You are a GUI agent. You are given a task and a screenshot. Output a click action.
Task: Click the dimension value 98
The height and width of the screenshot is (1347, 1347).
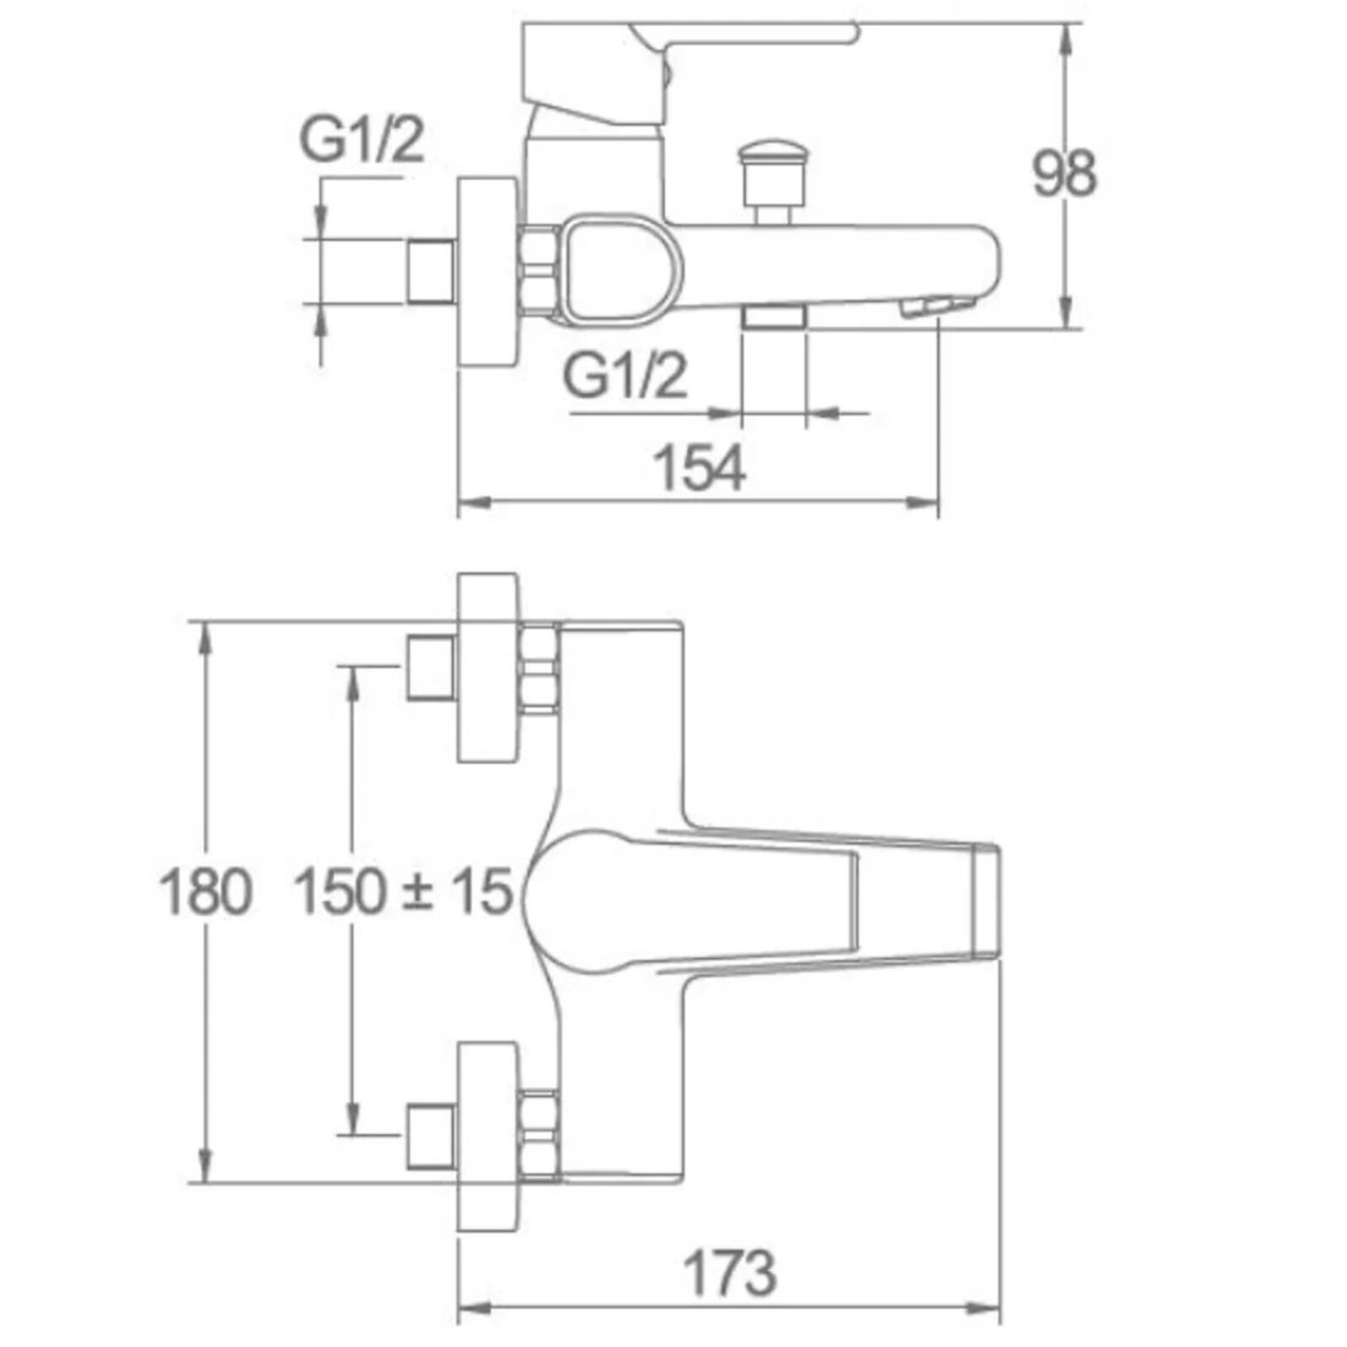pyautogui.click(x=1064, y=174)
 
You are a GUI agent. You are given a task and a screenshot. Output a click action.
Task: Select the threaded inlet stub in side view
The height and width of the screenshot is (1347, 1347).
pyautogui.click(x=431, y=272)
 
